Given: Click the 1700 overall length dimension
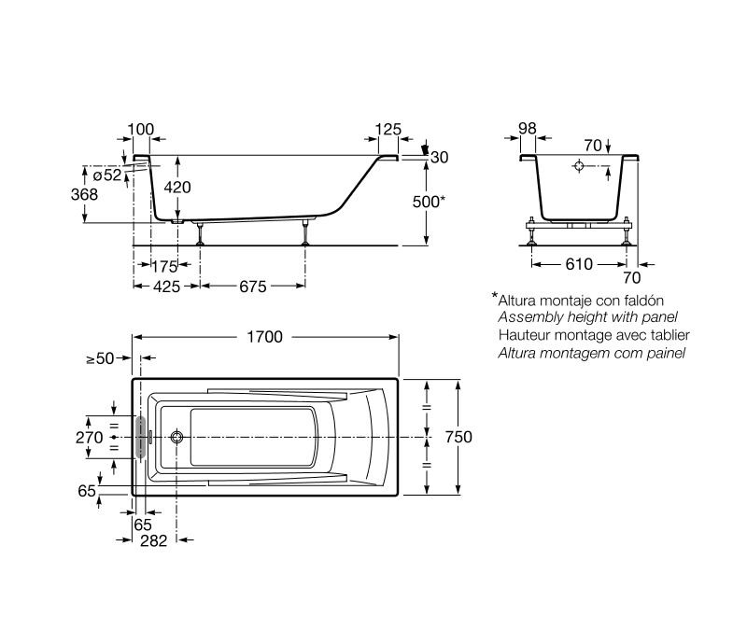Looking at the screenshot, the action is click(x=265, y=337).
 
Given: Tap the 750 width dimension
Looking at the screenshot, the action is click(x=458, y=437).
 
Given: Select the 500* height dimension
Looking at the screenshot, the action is click(x=429, y=202).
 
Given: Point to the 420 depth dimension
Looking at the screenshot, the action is click(x=177, y=188).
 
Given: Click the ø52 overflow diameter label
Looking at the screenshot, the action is click(x=107, y=175).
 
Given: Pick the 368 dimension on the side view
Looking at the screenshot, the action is click(x=84, y=194).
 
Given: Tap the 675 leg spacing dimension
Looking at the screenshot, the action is click(x=252, y=287).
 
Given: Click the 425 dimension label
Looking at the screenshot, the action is click(x=167, y=287).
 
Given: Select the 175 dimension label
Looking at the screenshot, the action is click(x=164, y=267).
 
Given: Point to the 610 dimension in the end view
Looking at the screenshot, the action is click(x=579, y=264).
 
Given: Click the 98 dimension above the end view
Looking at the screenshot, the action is click(x=528, y=128).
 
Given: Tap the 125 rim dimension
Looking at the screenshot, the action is click(x=388, y=129).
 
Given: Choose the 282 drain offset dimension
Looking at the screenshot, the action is click(x=153, y=540).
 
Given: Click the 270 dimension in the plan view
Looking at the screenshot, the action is click(x=89, y=438).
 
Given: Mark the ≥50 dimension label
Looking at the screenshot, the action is click(x=101, y=358).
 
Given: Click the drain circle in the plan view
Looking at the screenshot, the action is click(x=177, y=437).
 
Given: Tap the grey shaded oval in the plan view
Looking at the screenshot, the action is click(x=141, y=437).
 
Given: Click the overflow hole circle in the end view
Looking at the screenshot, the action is click(x=579, y=166).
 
